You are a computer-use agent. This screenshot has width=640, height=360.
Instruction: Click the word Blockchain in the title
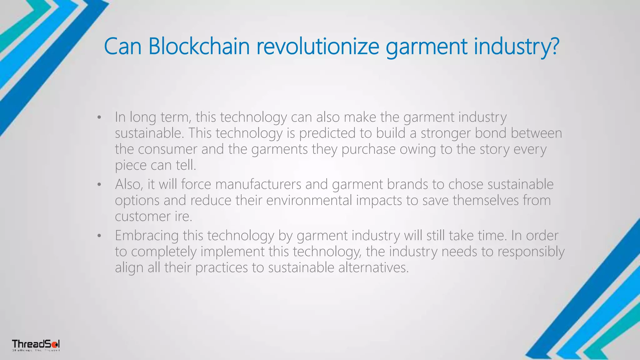coord(199,46)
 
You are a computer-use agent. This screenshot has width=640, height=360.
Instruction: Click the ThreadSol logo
coord(36,345)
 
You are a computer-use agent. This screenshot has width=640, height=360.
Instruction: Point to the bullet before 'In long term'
coord(99,118)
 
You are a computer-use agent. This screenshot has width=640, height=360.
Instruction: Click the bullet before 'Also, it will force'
coord(99,185)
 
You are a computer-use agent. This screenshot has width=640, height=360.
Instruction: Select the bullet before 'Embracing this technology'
coord(99,236)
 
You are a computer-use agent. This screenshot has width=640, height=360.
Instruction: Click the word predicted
coord(327,133)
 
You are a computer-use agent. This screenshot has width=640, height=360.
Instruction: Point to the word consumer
coord(167,149)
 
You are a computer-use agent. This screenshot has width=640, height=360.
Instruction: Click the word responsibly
coord(531,252)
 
